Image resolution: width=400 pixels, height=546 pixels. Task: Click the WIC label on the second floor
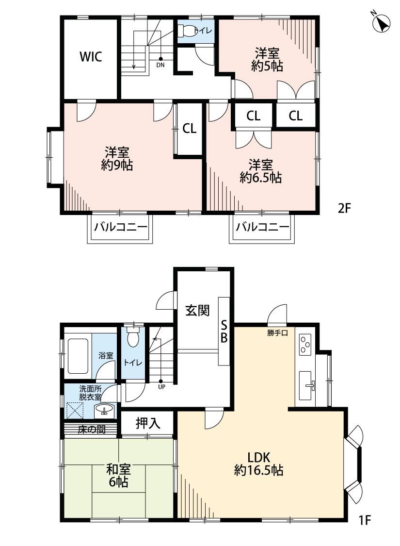(91, 56)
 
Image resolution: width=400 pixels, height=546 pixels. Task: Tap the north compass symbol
(380, 23)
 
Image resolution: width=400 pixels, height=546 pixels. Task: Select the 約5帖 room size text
(267, 66)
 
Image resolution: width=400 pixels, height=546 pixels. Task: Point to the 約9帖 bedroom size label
(117, 165)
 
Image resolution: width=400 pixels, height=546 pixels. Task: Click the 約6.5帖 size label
(260, 178)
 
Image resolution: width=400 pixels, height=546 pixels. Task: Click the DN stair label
(160, 65)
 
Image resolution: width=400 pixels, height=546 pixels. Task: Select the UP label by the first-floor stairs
(161, 386)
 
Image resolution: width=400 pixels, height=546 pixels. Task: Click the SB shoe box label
(224, 331)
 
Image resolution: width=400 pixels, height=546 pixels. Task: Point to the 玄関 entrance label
(197, 310)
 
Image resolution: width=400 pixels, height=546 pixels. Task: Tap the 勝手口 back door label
(277, 333)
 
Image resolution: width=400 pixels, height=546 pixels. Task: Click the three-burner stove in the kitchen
(305, 344)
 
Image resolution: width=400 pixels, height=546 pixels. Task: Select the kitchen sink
(306, 385)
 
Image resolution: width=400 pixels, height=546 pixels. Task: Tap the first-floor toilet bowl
(132, 338)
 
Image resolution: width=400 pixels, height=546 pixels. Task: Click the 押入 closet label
(148, 423)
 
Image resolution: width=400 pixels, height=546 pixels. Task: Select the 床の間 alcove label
(92, 430)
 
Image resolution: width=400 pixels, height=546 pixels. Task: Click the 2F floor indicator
(344, 208)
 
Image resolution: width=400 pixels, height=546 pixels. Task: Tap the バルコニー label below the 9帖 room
(121, 228)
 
